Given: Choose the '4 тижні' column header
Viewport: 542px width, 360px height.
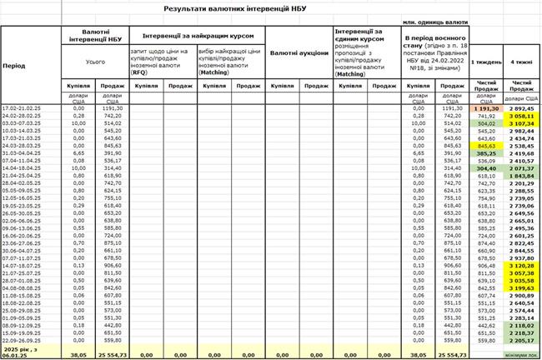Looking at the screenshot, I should (x=524, y=62).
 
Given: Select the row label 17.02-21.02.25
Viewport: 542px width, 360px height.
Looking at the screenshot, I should (x=24, y=108).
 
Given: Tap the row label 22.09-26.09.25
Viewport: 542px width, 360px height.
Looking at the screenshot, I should (x=24, y=340).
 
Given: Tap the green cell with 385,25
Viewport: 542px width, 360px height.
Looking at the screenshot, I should (x=486, y=153).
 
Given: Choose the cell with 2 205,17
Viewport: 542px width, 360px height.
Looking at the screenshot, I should (x=524, y=340).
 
